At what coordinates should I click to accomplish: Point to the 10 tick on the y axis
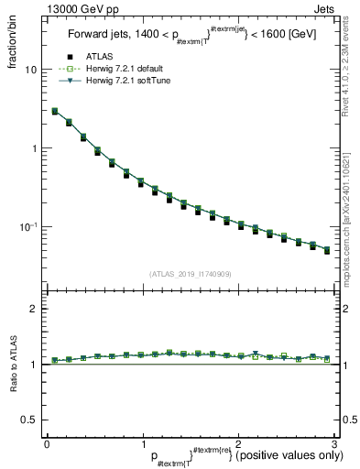(x=33, y=70)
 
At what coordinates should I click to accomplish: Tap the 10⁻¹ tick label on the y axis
(x=31, y=225)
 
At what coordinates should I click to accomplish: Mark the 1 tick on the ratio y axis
(x=36, y=365)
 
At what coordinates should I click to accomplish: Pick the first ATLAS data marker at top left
(x=55, y=112)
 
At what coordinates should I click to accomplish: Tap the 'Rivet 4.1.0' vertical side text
(x=352, y=69)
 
